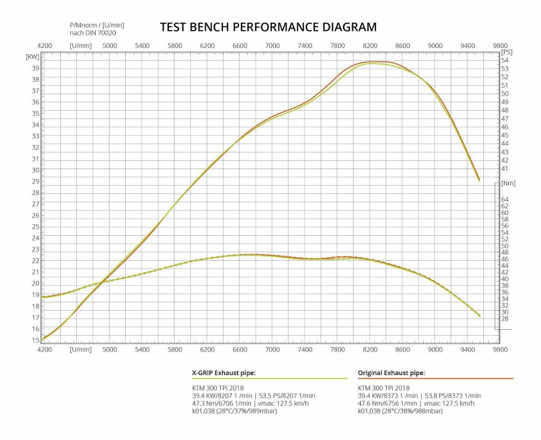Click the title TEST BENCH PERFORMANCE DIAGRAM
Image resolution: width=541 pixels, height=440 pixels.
click(268, 27)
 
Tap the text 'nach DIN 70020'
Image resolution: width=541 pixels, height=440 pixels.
click(93, 33)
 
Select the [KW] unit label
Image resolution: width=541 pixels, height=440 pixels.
click(32, 56)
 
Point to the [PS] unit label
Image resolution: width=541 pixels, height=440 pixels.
click(507, 52)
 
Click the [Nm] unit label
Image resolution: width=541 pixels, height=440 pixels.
click(508, 183)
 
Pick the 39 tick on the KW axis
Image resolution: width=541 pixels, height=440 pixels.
click(35, 68)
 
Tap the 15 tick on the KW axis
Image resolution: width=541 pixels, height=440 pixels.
click(35, 340)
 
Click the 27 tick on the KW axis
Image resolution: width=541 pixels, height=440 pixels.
click(35, 204)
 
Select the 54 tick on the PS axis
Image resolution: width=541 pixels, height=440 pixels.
click(505, 60)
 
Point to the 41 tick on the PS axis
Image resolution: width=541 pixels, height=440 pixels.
click(505, 169)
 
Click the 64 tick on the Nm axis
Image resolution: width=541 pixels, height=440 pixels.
click(505, 199)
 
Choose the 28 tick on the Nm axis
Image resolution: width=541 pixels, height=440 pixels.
click(505, 319)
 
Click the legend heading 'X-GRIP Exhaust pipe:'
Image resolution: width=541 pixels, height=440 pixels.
click(223, 373)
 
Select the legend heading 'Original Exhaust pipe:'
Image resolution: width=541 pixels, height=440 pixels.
click(391, 373)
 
